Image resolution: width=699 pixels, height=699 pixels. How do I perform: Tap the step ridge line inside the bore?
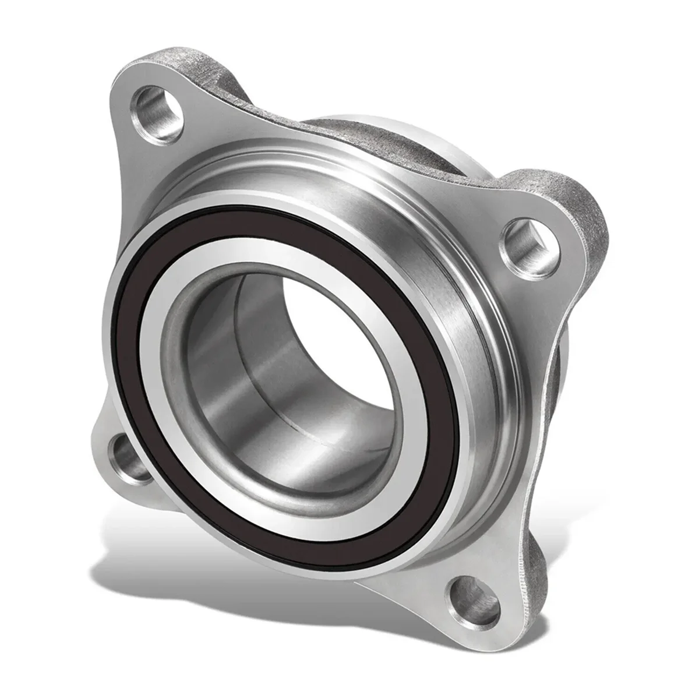click(x=245, y=326)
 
